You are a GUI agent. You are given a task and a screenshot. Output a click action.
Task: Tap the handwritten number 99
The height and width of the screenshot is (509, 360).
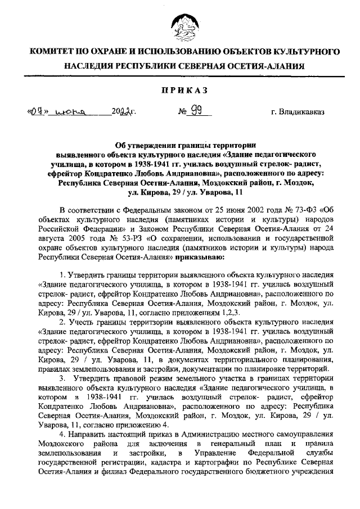click(x=197, y=111)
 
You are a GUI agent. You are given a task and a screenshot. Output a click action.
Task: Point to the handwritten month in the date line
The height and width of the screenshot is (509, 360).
click(x=71, y=112)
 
